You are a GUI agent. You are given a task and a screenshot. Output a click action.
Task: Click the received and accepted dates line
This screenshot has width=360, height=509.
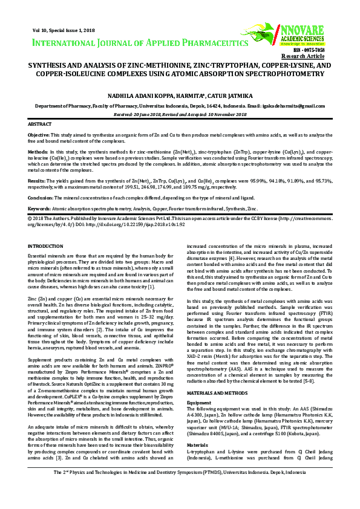pos(180,113)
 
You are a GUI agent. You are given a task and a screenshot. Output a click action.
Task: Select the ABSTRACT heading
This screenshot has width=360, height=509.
pos(40,123)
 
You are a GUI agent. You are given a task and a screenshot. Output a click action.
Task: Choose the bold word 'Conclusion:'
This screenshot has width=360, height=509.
pos(42,197)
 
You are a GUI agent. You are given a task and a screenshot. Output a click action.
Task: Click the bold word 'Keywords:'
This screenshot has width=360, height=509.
pos(40,208)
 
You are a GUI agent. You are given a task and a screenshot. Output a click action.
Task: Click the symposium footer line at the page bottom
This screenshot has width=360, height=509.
pos(180,489)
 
